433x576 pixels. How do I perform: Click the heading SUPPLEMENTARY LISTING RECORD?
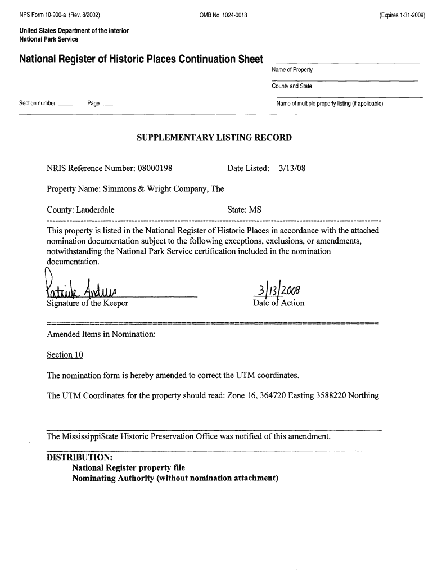point(214,137)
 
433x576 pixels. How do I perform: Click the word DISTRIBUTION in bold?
point(79,457)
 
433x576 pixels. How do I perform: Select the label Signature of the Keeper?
point(88,304)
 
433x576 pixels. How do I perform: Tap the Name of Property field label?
point(292,70)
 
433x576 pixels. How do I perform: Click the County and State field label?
point(292,86)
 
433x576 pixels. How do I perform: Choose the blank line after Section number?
point(69,106)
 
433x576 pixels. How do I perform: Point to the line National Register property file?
point(128,468)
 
